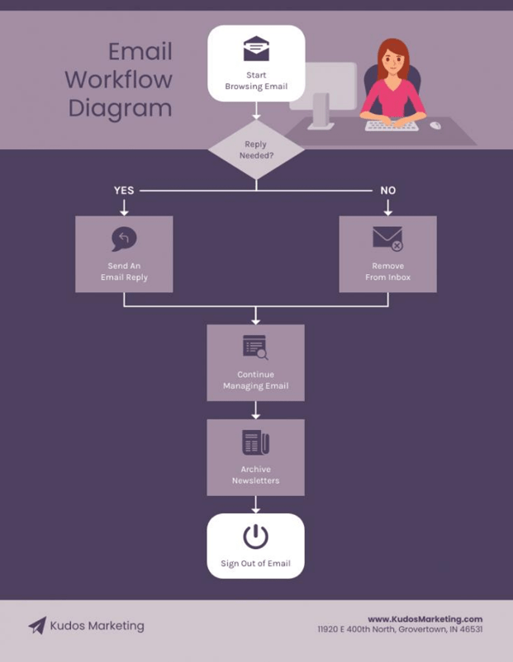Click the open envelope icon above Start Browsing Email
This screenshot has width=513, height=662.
tap(256, 48)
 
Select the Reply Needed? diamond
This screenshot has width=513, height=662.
tap(256, 149)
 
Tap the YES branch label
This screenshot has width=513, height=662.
tap(124, 191)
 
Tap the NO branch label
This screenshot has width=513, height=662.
tap(388, 191)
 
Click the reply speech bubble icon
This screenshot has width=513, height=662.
tap(124, 239)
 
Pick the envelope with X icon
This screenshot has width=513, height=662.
tap(388, 239)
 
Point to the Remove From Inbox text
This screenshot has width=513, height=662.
tap(388, 272)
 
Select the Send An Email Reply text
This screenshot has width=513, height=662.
tap(124, 272)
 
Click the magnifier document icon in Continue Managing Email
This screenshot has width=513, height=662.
tap(255, 347)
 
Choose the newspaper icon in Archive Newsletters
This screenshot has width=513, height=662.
tap(255, 442)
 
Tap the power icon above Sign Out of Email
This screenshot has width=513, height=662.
tap(255, 537)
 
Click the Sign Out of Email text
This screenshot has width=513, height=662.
tap(255, 563)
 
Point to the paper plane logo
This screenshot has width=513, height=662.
tap(38, 626)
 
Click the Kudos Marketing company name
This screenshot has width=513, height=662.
tap(97, 626)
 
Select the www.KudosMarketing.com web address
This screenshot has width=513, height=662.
tap(425, 619)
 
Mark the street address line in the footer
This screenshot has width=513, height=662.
tap(400, 629)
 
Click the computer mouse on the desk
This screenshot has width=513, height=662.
tap(435, 125)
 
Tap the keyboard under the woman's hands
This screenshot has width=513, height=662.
tap(392, 125)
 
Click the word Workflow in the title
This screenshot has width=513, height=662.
tap(119, 79)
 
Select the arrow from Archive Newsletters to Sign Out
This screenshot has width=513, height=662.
tap(255, 504)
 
